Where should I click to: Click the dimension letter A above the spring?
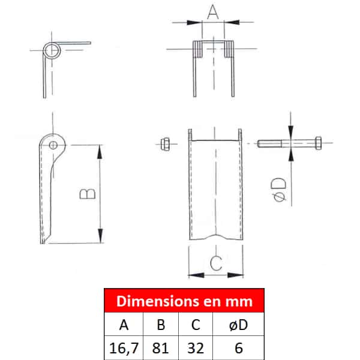[x=213, y=12]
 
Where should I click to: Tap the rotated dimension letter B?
[x=88, y=194]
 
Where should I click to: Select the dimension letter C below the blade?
[x=216, y=263]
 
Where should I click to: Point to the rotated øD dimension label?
[x=279, y=190]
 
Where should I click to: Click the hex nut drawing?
[x=166, y=144]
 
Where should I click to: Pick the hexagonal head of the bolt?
[x=318, y=143]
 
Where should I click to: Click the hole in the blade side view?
[x=53, y=145]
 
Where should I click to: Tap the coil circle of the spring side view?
[x=52, y=50]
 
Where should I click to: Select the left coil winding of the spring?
[x=197, y=49]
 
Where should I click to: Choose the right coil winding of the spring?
[x=229, y=49]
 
